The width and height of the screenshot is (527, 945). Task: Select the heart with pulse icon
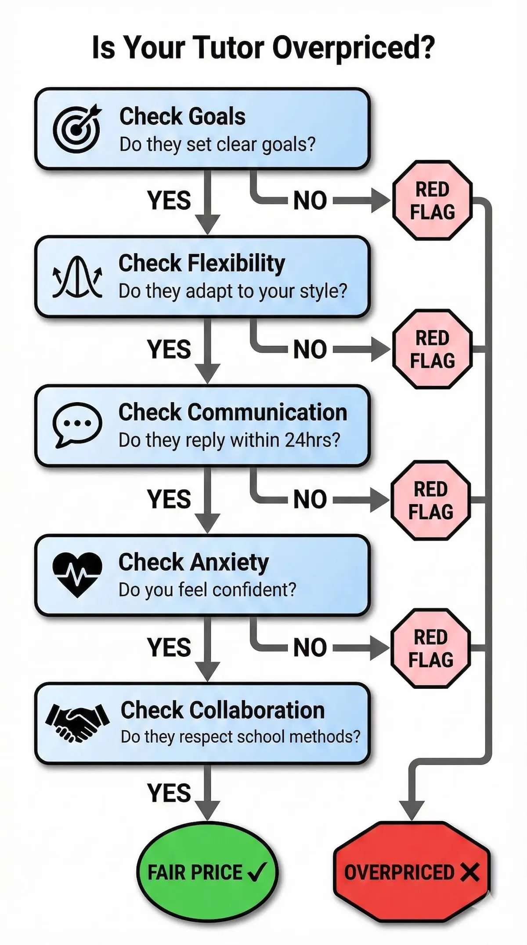[x=77, y=574]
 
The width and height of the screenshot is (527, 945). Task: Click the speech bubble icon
[x=77, y=425]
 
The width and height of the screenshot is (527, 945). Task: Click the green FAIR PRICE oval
[x=207, y=872]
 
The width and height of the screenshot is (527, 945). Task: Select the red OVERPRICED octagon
[x=411, y=872]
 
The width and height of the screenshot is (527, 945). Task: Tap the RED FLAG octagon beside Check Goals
[x=432, y=201]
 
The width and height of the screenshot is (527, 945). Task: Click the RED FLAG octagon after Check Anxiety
[x=431, y=648]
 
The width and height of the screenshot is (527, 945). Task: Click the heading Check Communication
[x=233, y=412]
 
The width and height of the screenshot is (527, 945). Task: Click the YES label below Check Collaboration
[x=169, y=793]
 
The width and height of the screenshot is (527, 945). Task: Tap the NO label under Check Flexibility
[x=310, y=350]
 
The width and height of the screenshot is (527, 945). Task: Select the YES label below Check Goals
[x=169, y=200]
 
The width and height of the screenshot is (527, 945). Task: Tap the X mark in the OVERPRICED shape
[x=469, y=872]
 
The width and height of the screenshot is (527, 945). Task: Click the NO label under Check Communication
[x=310, y=500]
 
